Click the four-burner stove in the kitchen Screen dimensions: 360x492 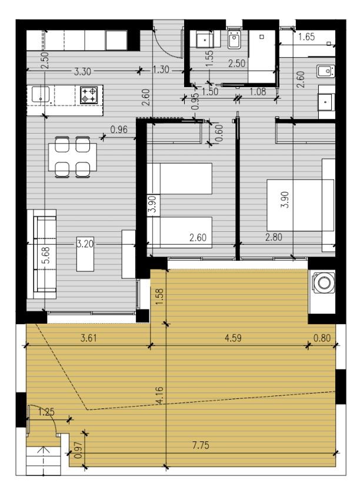coord(88,95)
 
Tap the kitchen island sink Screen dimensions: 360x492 coord(41,94)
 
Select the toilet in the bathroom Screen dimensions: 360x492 coord(234,40)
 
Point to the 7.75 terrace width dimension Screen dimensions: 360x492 coord(201,445)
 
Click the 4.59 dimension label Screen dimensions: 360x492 coord(233,338)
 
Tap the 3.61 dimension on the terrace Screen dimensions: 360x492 coord(89,338)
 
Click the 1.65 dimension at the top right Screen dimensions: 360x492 coord(306,36)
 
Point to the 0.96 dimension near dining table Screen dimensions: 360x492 coord(119,129)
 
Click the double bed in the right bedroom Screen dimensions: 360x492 coord(300,205)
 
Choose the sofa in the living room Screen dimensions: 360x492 coord(42,254)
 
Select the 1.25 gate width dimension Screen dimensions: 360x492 coord(46,411)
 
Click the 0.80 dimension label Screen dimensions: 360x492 coord(322,338)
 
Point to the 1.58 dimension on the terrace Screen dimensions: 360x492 coord(159,297)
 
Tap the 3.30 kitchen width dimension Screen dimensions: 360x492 coord(82,72)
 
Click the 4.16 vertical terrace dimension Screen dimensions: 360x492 coord(159,395)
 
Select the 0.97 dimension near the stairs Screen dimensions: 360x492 coord(78,450)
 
